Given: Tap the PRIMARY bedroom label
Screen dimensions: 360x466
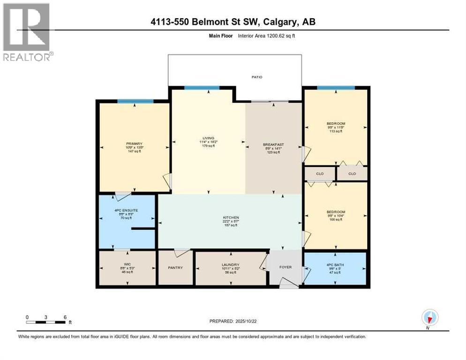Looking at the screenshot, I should tap(134, 143).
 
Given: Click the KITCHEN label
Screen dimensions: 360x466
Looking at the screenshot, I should tap(231, 217).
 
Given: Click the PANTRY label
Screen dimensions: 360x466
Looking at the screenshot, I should tap(175, 268).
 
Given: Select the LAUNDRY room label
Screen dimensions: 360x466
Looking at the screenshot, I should tap(231, 264).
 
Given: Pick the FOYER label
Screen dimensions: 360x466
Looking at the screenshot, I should tap(286, 267).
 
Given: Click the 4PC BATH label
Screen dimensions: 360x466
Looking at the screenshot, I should tap(336, 264).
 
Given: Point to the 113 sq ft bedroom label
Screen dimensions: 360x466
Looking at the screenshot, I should tap(336, 124).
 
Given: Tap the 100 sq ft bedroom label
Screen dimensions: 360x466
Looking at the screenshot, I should tap(336, 212).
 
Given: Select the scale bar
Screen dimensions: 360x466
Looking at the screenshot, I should tap(46, 322).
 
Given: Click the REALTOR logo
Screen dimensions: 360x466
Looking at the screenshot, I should tap(27, 32).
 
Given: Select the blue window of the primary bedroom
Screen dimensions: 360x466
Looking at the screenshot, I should tap(135, 101).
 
